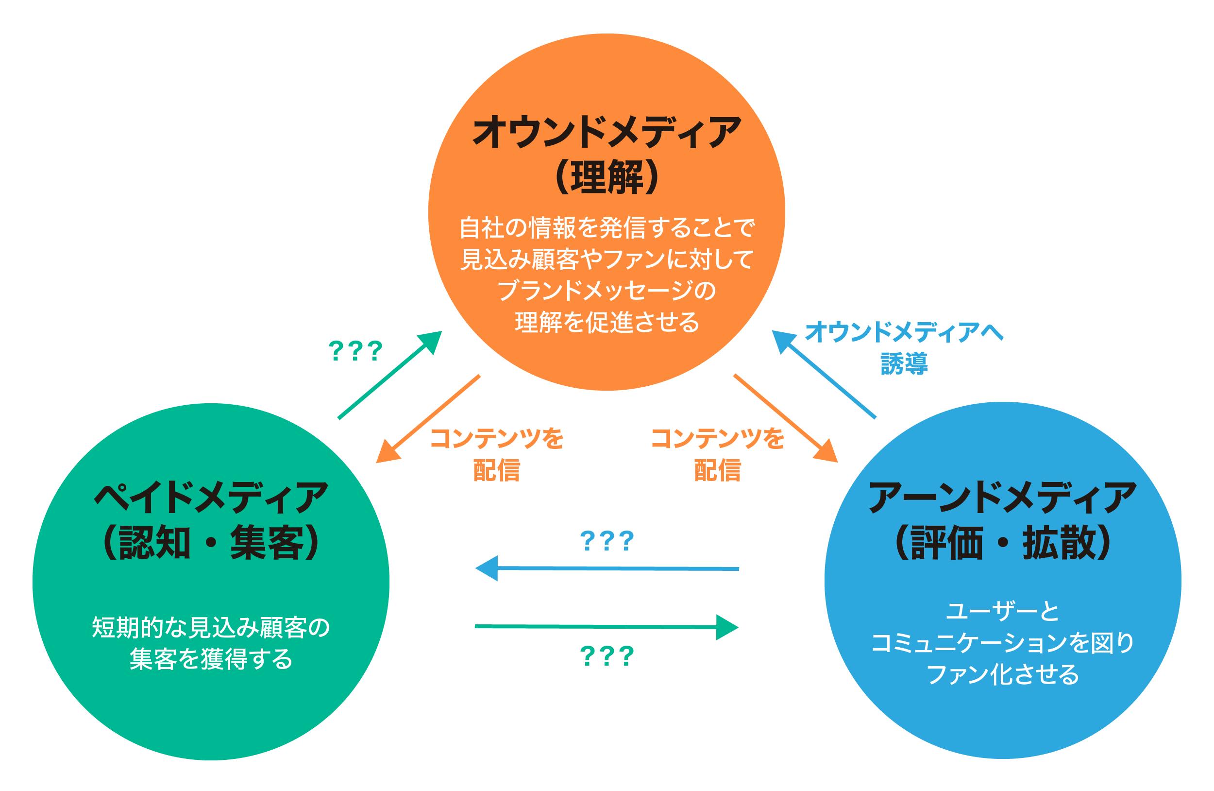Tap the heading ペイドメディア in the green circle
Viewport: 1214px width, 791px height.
pos(211,498)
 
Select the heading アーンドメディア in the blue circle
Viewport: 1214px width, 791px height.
pos(1003,498)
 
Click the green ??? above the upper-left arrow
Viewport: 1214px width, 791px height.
pos(355,351)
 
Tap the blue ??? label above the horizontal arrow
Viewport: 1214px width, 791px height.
pos(607,541)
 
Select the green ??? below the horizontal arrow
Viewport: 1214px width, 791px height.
pos(607,656)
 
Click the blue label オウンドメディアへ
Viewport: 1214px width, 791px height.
pos(904,332)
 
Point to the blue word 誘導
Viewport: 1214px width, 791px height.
pos(904,364)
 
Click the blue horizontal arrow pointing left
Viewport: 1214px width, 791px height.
pos(607,568)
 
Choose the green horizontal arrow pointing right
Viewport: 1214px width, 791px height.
pos(607,626)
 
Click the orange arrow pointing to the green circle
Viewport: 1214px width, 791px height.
pos(428,418)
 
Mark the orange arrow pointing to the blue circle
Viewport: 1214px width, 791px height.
pos(786,418)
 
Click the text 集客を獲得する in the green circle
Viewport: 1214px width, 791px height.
pos(211,659)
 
